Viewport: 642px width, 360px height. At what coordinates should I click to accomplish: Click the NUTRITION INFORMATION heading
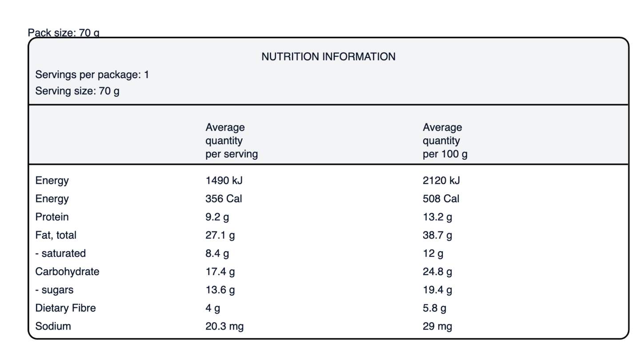click(x=328, y=57)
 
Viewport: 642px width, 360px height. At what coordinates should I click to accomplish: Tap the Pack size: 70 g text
click(x=64, y=33)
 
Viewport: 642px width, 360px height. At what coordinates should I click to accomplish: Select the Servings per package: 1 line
click(x=92, y=75)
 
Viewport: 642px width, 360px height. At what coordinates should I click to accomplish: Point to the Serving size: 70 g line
click(x=77, y=91)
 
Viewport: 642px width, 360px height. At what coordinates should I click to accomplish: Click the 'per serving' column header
click(x=231, y=141)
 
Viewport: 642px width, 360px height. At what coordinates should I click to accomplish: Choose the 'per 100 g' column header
click(x=445, y=141)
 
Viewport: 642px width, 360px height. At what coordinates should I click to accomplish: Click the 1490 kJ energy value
click(x=224, y=180)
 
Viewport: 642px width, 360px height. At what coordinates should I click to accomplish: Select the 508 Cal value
click(x=441, y=199)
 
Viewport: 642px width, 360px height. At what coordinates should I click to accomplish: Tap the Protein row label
click(x=52, y=217)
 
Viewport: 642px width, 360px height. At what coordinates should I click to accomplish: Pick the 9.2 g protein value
click(x=217, y=217)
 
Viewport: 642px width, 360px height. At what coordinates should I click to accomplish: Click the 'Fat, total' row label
click(x=56, y=235)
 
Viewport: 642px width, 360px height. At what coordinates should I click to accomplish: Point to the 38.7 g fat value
click(x=437, y=236)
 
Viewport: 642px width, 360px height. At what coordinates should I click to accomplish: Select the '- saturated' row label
click(x=60, y=253)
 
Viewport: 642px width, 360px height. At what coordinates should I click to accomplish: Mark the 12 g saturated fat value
click(x=433, y=254)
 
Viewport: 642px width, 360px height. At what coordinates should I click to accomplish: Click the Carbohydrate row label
click(x=68, y=272)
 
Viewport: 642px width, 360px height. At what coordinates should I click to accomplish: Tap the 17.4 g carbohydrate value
click(x=220, y=272)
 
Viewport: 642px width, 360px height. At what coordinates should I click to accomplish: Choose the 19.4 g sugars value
click(x=437, y=290)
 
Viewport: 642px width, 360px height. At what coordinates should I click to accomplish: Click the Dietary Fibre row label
click(x=66, y=308)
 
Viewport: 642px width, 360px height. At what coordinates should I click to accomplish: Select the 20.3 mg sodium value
click(x=224, y=327)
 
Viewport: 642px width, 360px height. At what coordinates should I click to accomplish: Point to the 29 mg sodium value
click(x=437, y=327)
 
